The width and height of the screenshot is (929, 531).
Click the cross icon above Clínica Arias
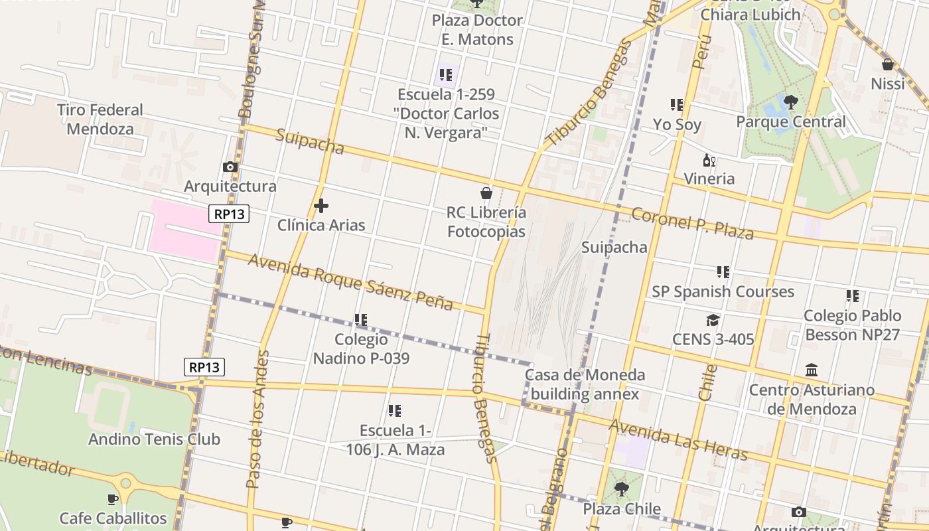click(x=321, y=206)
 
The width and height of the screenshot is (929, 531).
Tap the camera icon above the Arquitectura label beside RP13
click(x=230, y=167)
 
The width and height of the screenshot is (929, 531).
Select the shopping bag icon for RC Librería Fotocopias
click(x=486, y=193)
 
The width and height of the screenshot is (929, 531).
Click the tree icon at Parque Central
click(x=790, y=102)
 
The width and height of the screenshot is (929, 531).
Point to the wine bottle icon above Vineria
click(x=709, y=160)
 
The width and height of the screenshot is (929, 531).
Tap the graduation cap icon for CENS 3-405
click(x=713, y=320)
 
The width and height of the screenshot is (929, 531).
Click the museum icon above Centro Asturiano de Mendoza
click(x=811, y=370)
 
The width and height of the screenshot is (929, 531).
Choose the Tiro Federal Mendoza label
click(x=100, y=119)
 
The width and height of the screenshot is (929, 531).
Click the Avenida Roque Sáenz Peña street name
click(x=350, y=281)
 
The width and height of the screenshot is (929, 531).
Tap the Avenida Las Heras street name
click(x=678, y=439)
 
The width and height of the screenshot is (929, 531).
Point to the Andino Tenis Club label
click(x=154, y=439)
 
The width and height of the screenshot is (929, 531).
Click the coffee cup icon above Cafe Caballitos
click(x=113, y=499)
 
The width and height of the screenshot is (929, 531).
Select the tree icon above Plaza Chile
click(x=622, y=490)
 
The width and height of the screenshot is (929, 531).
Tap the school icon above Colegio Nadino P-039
click(x=361, y=320)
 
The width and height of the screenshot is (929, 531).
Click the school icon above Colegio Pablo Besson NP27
click(x=853, y=296)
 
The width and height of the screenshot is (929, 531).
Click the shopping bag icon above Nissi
click(x=888, y=64)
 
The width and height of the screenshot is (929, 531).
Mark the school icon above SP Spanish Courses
click(x=723, y=272)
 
